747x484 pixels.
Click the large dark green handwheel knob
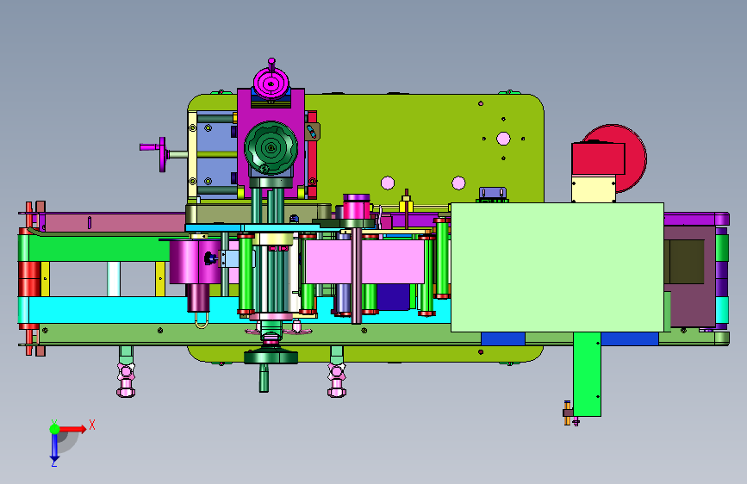coord(271,147)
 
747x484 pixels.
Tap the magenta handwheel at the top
coord(271,84)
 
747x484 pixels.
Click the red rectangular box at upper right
coord(598,158)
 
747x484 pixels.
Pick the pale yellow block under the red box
coord(594,189)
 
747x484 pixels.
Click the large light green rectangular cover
coord(557,267)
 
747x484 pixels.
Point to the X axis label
coord(92,425)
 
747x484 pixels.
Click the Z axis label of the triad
coord(54,462)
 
